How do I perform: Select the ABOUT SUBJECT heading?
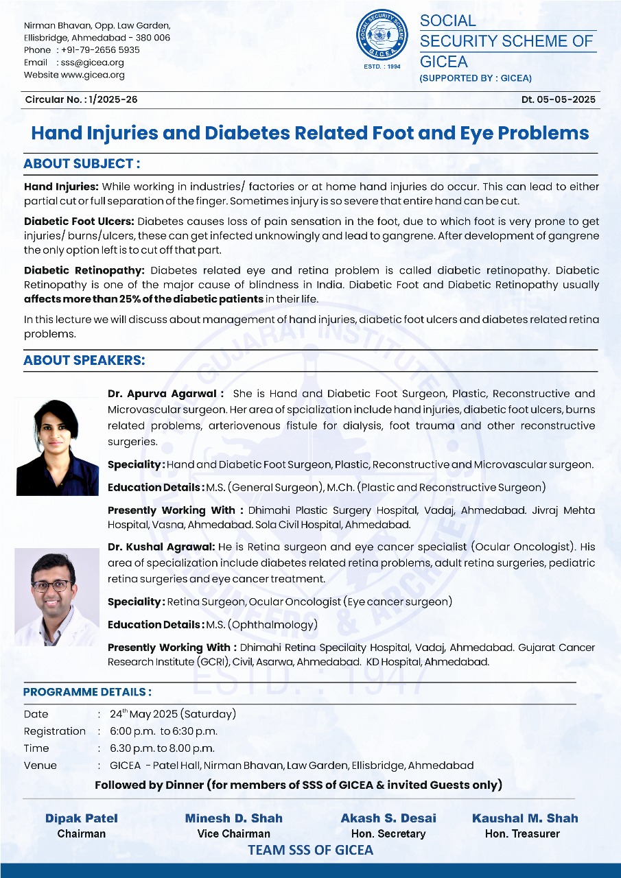pos(82,164)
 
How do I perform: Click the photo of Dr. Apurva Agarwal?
pos(57,446)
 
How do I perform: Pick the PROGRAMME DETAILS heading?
pos(88,692)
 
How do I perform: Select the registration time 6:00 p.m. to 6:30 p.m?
pos(164,731)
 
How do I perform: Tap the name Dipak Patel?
pos(82,818)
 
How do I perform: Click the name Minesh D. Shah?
pos(234,818)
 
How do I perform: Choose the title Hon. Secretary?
pos(388,834)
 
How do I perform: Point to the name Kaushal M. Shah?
pos(525,818)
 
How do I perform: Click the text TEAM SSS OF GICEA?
pos(311,851)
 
